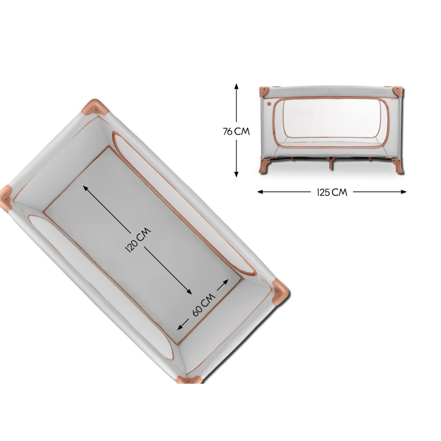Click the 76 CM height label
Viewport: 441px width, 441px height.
pos(236,132)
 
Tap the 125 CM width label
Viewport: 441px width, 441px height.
pos(332,192)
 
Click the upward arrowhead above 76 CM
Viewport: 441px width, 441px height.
pos(237,86)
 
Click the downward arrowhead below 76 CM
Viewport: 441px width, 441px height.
pos(237,174)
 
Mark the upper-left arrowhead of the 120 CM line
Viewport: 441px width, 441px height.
pos(86,188)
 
